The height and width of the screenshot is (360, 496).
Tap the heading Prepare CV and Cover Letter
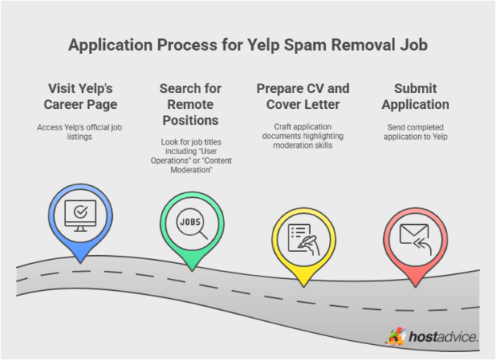[302, 96]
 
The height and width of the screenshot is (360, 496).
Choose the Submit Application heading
[415, 96]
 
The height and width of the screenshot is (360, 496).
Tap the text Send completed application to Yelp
[415, 133]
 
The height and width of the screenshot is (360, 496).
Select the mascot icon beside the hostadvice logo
[395, 337]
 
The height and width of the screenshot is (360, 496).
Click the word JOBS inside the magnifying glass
[189, 220]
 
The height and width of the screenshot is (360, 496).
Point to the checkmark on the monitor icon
[80, 212]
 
